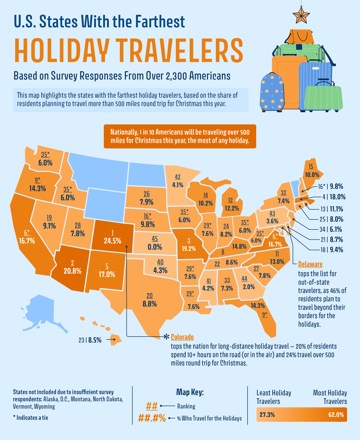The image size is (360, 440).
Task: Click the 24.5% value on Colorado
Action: [112, 241]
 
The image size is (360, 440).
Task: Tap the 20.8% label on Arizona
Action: [72, 271]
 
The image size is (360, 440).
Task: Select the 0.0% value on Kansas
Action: [154, 247]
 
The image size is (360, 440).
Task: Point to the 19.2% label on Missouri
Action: [188, 249]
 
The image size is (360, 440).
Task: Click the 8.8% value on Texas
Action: [149, 304]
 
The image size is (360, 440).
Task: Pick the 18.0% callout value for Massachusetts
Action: [337, 197]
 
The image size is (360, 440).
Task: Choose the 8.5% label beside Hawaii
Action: [95, 340]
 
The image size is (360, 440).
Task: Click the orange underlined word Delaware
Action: [310, 264]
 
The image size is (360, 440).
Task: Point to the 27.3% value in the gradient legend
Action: [267, 415]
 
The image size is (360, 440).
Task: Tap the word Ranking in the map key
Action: [186, 406]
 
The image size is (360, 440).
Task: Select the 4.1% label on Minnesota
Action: [178, 185]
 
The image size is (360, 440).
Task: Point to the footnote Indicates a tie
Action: [32, 417]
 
